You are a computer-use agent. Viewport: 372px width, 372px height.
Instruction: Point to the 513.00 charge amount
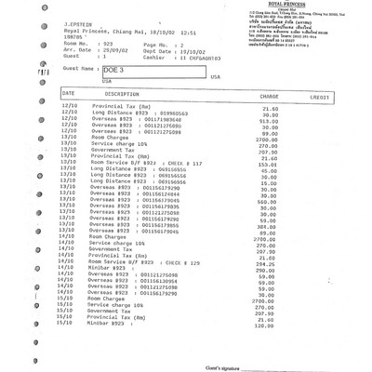[270, 121]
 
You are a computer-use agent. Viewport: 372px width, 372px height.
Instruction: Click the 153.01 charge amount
[270, 164]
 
